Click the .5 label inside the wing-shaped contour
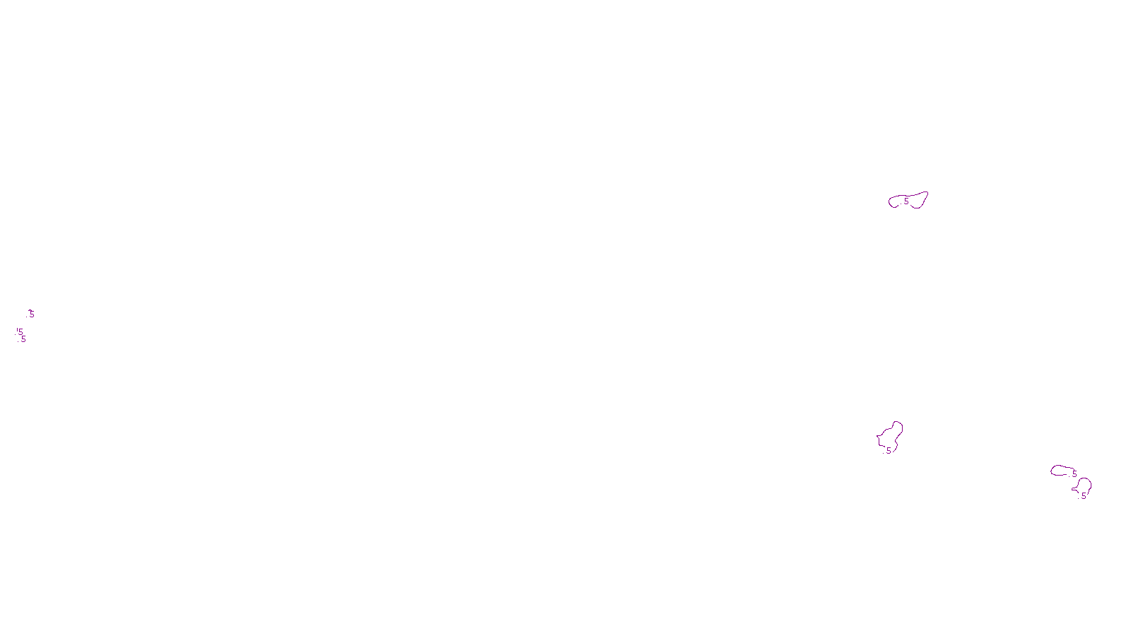(906, 201)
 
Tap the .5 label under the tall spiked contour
(888, 450)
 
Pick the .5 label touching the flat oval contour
(1074, 473)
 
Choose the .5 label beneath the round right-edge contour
(1083, 496)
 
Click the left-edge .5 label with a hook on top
(30, 314)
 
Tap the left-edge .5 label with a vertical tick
(20, 331)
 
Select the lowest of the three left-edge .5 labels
(23, 339)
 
